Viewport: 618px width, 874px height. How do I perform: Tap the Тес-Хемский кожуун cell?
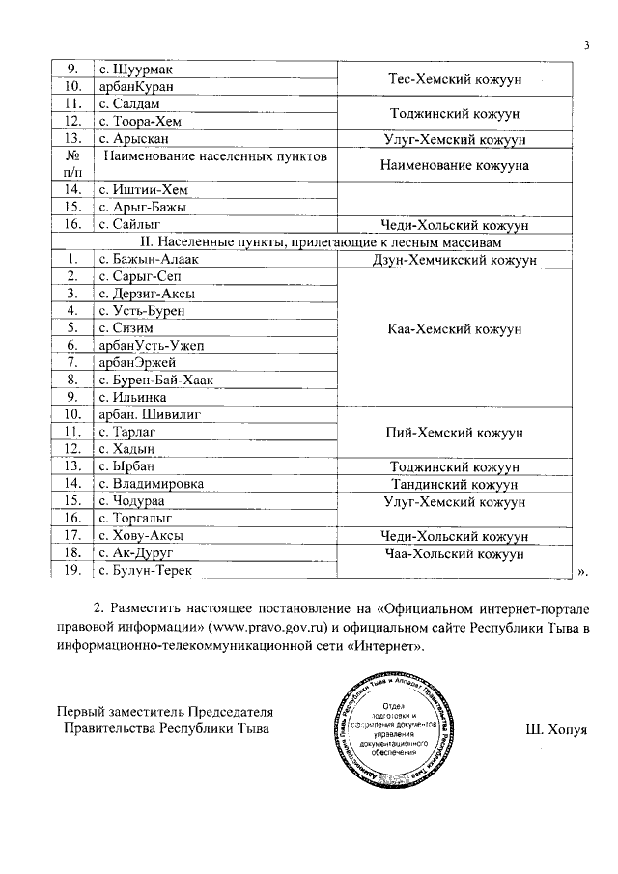[x=454, y=78]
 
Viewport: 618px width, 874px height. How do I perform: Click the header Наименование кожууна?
[x=454, y=165]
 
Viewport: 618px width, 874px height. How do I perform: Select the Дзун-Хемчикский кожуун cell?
[x=454, y=260]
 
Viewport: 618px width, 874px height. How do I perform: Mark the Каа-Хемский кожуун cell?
[x=454, y=329]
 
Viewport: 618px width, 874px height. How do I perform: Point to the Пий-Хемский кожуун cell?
[x=454, y=434]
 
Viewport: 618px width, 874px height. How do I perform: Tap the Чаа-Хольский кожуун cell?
[x=454, y=554]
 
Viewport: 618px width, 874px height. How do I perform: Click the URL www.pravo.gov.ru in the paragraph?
[x=275, y=629]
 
